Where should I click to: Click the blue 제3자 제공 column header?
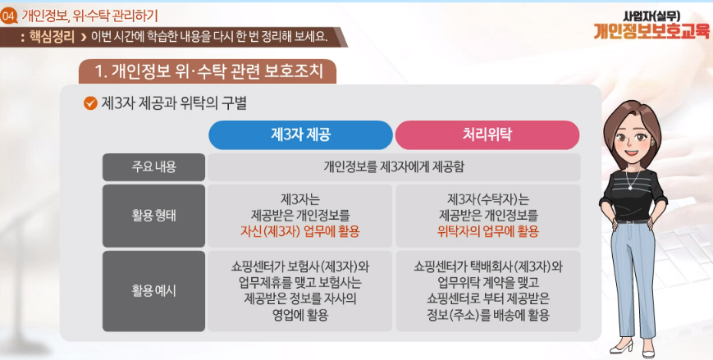click(300, 135)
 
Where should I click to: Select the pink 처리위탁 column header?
click(487, 135)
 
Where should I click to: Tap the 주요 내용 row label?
click(153, 167)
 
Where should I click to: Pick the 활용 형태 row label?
click(153, 216)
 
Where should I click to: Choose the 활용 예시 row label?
click(153, 291)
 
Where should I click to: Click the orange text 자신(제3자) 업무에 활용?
click(300, 231)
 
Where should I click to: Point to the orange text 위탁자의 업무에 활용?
click(488, 231)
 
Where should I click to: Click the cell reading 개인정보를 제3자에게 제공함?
click(394, 167)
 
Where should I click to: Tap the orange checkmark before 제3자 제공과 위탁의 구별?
click(90, 103)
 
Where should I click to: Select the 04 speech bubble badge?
click(9, 17)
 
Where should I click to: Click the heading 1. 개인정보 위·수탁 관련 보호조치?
click(208, 71)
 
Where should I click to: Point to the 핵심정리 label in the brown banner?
click(52, 36)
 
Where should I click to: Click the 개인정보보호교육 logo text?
click(651, 31)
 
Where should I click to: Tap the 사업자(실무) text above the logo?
click(651, 16)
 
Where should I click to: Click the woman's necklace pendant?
click(629, 186)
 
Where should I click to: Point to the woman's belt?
click(632, 221)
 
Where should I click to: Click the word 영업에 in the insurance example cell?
click(287, 315)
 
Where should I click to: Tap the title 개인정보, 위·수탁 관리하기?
click(89, 16)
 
